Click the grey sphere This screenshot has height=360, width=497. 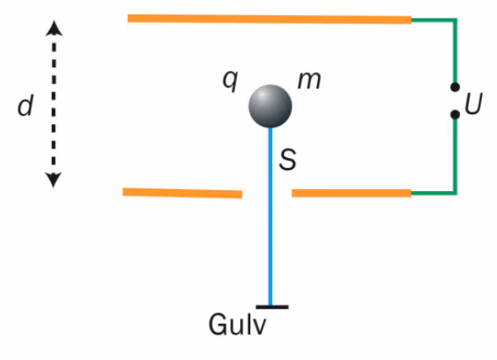270,106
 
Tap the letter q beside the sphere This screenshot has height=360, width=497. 230,80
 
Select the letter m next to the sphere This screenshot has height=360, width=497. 309,80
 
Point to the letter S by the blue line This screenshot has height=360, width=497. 287,159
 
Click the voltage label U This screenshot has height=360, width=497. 473,103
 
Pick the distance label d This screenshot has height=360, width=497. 25,106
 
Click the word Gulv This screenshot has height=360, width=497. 237,325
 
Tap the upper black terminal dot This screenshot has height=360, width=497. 455,87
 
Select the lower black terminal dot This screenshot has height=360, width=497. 455,114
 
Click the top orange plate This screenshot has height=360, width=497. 270,19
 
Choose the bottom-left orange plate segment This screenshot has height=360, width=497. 183,193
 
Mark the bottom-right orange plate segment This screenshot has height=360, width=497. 352,193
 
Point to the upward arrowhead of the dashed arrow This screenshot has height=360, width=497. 54,28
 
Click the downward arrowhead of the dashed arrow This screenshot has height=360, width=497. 53,180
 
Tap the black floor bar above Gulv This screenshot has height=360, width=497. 272,307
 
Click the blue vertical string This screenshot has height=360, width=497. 270,216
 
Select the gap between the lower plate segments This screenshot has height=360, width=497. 267,194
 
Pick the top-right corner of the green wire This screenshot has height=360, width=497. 455,20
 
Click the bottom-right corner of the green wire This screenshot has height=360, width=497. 455,193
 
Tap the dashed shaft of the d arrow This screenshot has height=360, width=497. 53,104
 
